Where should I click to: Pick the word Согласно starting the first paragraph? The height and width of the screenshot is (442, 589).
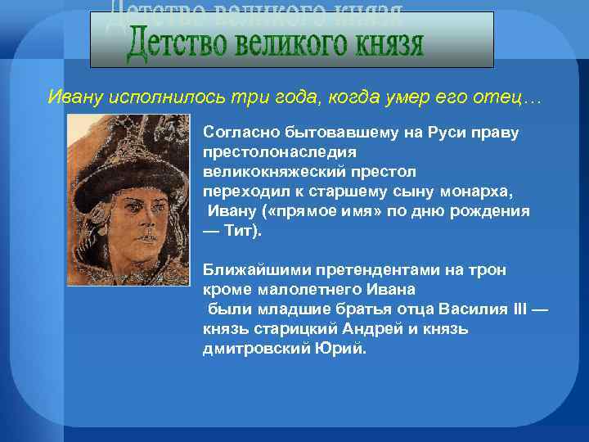point(237,133)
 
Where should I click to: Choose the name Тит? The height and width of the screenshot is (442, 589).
point(241,231)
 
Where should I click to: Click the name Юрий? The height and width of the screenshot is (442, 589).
point(343,349)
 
